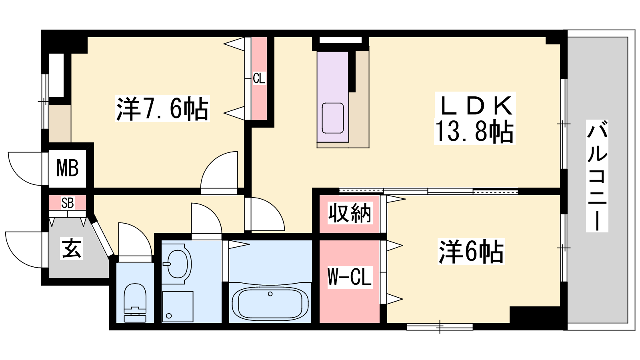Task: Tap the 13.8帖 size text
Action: click(474, 132)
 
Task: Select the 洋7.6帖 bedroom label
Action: click(162, 109)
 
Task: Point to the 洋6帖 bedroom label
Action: click(471, 252)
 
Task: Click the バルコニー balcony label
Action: click(597, 176)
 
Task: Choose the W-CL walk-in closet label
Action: click(350, 276)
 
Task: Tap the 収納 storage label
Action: click(350, 213)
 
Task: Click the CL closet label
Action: click(259, 78)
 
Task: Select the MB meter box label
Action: click(68, 168)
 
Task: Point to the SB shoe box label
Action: click(68, 203)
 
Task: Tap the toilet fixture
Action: click(135, 302)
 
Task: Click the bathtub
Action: click(270, 304)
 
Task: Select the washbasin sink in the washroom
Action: click(177, 264)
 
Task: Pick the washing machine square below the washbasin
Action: click(178, 306)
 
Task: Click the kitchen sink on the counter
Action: click(332, 118)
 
